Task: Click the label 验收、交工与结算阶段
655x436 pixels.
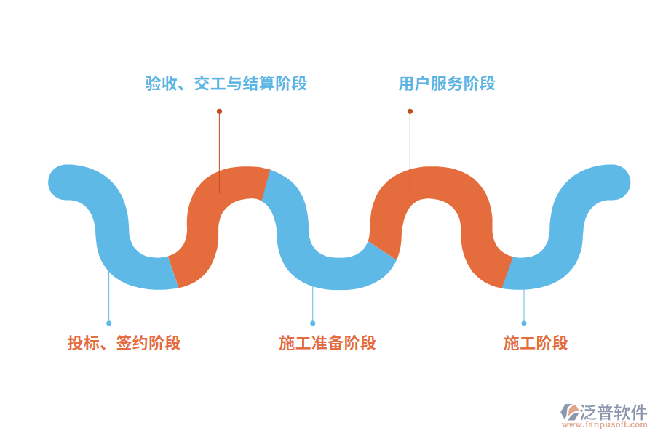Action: click(x=226, y=84)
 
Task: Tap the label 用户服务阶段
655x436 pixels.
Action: click(x=447, y=84)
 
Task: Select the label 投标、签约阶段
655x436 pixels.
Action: click(x=124, y=343)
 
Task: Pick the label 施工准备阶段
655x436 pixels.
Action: click(x=327, y=343)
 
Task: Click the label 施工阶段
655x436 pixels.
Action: click(x=536, y=343)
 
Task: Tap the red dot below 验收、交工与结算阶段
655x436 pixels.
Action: click(x=219, y=111)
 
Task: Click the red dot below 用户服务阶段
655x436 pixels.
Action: click(x=410, y=111)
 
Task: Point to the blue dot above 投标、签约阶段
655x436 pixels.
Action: click(x=108, y=323)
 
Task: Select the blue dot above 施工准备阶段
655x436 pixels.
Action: click(x=313, y=323)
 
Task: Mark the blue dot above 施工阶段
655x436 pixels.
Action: click(x=524, y=323)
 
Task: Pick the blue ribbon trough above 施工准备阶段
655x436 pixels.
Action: click(x=335, y=272)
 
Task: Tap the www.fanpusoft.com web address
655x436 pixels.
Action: click(x=603, y=425)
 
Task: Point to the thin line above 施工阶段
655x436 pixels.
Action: click(x=524, y=305)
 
